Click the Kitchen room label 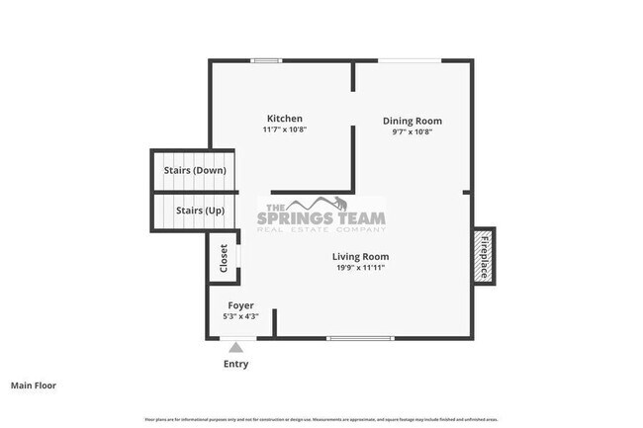284,119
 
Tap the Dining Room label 412,121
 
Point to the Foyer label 241,305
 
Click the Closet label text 225,259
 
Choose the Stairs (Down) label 195,170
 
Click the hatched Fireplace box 485,255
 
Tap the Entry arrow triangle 235,346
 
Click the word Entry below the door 235,364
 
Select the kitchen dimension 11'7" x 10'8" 284,129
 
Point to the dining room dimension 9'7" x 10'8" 412,131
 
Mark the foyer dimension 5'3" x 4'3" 241,316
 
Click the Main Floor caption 34,385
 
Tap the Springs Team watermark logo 321,214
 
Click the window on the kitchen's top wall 265,61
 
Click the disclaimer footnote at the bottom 321,420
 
